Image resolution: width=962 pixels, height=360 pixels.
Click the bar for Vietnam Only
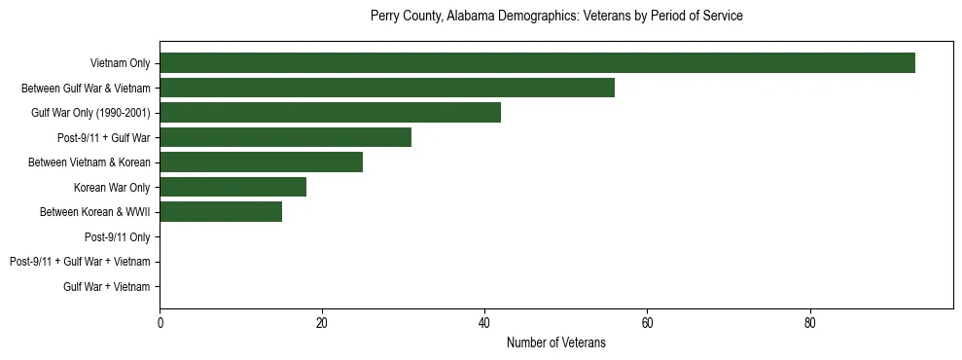pyautogui.click(x=537, y=63)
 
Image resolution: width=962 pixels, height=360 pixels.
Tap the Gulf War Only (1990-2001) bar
pyautogui.click(x=330, y=113)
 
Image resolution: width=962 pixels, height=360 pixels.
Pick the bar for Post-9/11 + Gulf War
pyautogui.click(x=285, y=137)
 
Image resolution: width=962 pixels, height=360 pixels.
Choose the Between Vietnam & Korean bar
pyautogui.click(x=261, y=162)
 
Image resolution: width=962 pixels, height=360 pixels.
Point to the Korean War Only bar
pyautogui.click(x=232, y=187)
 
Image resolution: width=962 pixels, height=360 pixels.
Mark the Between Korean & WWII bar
pyautogui.click(x=221, y=212)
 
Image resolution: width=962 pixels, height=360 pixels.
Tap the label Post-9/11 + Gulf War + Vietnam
pyautogui.click(x=80, y=262)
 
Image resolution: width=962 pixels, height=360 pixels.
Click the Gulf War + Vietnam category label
pyautogui.click(x=106, y=287)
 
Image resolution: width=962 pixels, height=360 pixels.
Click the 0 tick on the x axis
pyautogui.click(x=160, y=324)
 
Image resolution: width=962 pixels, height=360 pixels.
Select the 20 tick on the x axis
pyautogui.click(x=322, y=324)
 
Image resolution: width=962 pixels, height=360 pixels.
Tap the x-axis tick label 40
pyautogui.click(x=484, y=324)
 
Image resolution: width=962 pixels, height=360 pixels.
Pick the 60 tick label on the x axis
pyautogui.click(x=647, y=324)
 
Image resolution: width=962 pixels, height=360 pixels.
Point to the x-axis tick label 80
pyautogui.click(x=809, y=324)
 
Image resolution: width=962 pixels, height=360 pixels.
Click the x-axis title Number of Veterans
pyautogui.click(x=555, y=342)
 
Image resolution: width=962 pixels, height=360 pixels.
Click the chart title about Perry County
pyautogui.click(x=555, y=17)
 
